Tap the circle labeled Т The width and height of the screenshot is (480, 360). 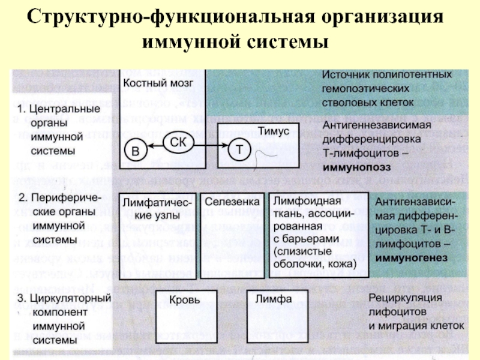click(x=239, y=150)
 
